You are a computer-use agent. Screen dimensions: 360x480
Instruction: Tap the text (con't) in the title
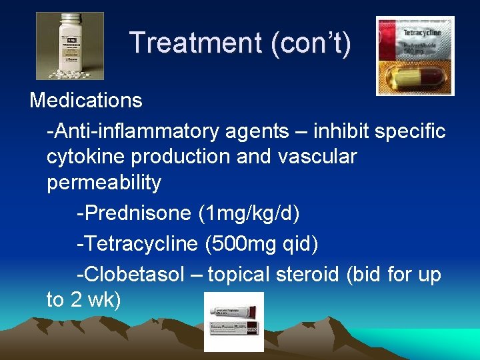coord(311,43)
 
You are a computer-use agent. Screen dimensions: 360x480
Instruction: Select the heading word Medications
coord(86,101)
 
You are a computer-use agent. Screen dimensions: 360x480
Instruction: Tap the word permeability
coord(104,183)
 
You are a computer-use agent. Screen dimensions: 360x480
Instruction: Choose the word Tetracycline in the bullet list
coord(137,244)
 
